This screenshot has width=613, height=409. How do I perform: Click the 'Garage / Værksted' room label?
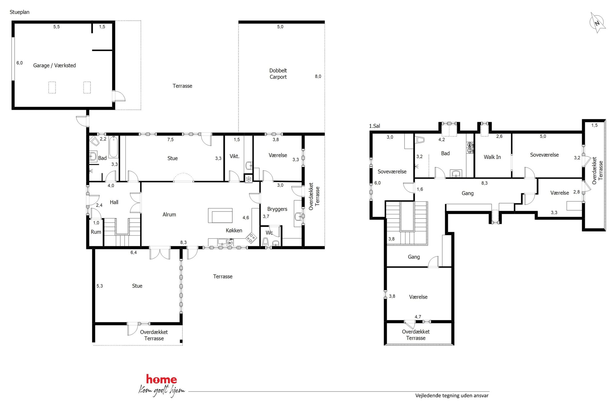(x=54, y=65)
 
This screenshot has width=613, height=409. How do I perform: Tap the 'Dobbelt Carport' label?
(x=278, y=74)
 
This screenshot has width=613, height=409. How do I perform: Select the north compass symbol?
(x=597, y=23)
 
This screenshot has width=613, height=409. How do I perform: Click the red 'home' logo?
(x=161, y=379)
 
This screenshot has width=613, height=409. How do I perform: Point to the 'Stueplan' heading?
(x=19, y=12)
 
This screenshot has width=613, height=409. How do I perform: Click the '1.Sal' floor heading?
(x=374, y=126)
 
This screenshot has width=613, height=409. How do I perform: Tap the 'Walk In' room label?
(x=492, y=157)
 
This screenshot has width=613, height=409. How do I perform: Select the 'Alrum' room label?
(x=169, y=214)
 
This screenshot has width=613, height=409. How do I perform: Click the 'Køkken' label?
(x=234, y=230)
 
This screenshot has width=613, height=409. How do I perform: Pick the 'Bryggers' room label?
(x=277, y=209)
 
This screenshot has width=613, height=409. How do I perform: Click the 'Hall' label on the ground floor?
(x=114, y=202)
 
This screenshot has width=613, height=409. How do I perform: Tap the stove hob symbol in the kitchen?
(x=251, y=238)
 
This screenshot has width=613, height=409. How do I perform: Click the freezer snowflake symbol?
(x=249, y=179)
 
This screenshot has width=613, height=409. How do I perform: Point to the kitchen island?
(x=220, y=215)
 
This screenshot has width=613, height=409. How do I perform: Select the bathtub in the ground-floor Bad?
(x=113, y=147)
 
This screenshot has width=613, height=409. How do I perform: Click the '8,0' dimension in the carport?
(x=318, y=76)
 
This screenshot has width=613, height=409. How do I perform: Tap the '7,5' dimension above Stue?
(x=171, y=139)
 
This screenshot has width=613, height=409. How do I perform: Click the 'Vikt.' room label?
(x=235, y=156)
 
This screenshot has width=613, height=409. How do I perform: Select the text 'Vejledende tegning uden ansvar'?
(x=452, y=395)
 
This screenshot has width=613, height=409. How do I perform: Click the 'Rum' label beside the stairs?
(x=96, y=232)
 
